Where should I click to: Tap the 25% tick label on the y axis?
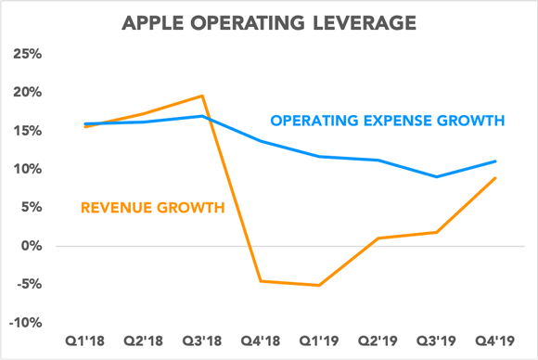tap(25, 54)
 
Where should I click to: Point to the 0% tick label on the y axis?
tap(30, 246)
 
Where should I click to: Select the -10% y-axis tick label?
tap(23, 323)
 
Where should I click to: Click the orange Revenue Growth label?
tap(153, 207)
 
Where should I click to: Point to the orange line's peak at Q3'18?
tap(203, 96)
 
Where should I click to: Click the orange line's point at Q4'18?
tap(262, 280)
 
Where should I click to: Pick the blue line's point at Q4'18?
tap(262, 141)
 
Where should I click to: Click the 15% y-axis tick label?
tap(25, 131)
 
